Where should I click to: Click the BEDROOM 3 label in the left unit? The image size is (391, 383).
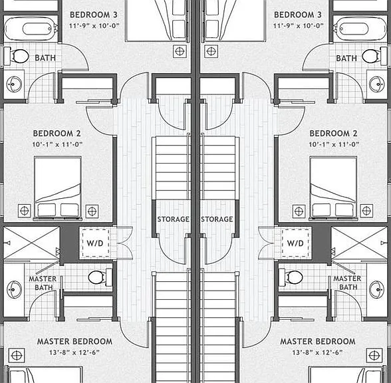tap(93, 15)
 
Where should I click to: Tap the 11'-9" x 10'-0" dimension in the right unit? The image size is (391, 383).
tap(298, 26)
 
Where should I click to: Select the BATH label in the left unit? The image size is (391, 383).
tap(45, 58)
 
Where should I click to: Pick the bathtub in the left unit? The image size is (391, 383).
tap(31, 29)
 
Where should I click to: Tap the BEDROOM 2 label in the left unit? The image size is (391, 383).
tap(57, 134)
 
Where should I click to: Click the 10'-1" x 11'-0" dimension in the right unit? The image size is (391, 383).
tap(334, 144)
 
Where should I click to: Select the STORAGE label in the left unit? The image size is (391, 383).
tap(173, 219)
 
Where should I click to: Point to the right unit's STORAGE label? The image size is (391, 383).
tap(217, 219)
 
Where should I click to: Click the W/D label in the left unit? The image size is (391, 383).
tap(94, 243)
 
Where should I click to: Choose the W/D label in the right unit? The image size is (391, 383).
tap(295, 243)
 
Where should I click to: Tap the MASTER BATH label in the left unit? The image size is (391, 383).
tap(43, 283)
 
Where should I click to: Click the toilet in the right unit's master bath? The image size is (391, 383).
tap(291, 277)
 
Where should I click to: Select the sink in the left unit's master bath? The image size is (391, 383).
tap(14, 289)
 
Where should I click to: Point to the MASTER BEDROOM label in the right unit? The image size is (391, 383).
tap(318, 341)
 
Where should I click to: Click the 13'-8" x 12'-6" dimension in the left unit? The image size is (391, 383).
tap(74, 352)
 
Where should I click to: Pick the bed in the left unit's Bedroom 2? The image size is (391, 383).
tap(58, 188)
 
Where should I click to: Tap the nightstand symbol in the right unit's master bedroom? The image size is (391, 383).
tap(374, 356)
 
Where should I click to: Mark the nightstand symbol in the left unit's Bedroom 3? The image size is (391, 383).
tap(180, 51)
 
